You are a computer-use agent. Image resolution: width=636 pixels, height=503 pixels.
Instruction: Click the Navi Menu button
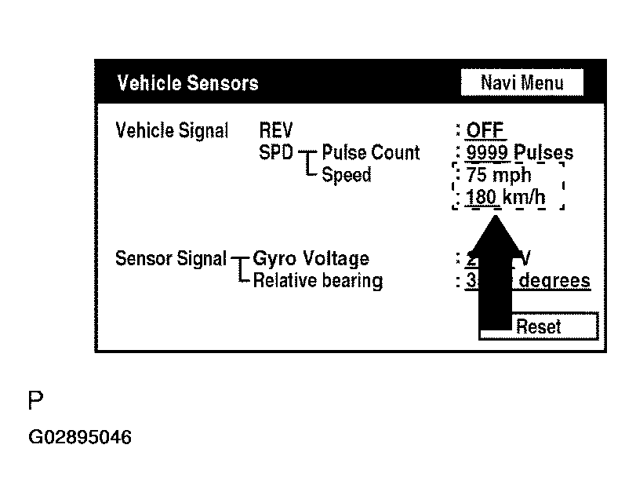522,82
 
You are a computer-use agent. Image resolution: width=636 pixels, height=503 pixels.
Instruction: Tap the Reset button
539,326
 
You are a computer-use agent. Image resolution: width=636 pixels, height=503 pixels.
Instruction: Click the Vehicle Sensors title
187,83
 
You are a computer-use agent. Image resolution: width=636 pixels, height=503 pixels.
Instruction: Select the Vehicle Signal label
172,130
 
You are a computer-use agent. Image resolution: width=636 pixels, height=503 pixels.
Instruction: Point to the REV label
274,130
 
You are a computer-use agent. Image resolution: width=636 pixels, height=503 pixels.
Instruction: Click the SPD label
275,152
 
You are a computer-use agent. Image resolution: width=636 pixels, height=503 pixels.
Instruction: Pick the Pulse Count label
371,152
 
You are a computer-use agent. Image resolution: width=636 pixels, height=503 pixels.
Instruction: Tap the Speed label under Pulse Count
347,175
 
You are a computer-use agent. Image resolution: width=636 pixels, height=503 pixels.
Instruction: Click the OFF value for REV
485,130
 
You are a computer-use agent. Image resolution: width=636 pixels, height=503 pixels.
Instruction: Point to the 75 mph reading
499,175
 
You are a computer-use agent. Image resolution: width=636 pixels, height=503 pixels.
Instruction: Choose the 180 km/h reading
505,197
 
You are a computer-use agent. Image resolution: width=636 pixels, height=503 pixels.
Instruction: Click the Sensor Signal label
170,258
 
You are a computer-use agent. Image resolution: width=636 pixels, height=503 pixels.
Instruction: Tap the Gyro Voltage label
311,258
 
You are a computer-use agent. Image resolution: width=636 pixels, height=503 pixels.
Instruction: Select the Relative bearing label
318,280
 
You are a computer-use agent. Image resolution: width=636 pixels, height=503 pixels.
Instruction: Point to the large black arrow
493,275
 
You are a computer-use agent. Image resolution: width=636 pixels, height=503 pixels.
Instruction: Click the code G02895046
80,436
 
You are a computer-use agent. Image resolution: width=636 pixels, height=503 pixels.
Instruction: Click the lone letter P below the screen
35,402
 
